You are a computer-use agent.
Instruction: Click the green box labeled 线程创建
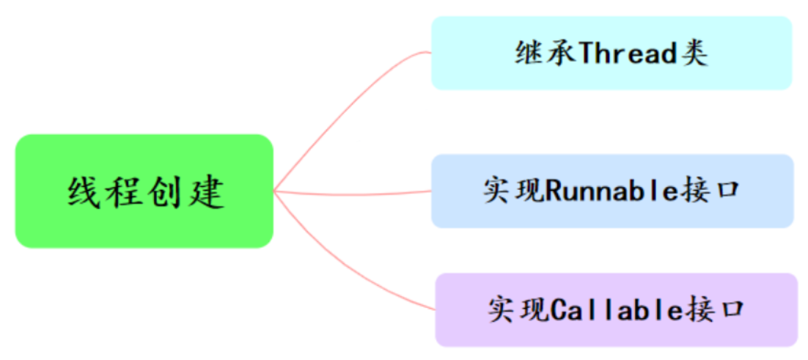pos(144,191)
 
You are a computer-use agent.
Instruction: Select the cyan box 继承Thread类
pos(611,53)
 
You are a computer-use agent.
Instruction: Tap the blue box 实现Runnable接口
pos(612,191)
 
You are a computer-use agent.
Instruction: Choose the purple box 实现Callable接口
pos(617,309)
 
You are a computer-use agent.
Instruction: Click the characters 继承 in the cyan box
pos(546,53)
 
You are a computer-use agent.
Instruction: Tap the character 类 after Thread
pos(693,53)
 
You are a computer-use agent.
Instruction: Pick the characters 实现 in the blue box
pos(514,191)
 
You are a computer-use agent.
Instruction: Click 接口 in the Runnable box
pos(708,191)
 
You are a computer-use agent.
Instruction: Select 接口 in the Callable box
pos(712,310)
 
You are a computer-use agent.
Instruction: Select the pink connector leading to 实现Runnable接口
pos(353,194)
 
